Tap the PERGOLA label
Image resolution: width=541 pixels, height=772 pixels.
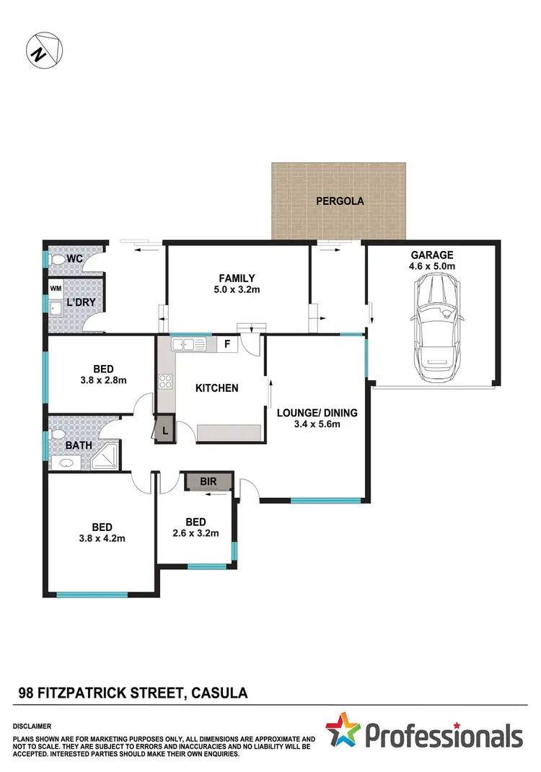(340, 201)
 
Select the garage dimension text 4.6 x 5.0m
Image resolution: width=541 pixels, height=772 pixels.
(432, 267)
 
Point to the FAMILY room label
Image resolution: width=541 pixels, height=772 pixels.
(237, 278)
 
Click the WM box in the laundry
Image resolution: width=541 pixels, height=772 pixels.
(56, 289)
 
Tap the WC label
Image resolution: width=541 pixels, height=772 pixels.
(75, 258)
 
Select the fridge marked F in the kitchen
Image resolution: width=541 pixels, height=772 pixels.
(227, 344)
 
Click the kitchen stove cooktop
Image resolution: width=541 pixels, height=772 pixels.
(165, 382)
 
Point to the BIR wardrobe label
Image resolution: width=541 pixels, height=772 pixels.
(208, 481)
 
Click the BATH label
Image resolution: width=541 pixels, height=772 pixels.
(79, 445)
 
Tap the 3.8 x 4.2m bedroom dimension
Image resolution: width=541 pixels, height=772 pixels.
(101, 538)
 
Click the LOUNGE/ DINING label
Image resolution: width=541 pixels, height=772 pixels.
(317, 413)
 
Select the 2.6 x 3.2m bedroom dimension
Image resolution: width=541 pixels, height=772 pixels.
(195, 534)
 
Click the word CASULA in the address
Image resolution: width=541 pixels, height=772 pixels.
(221, 693)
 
